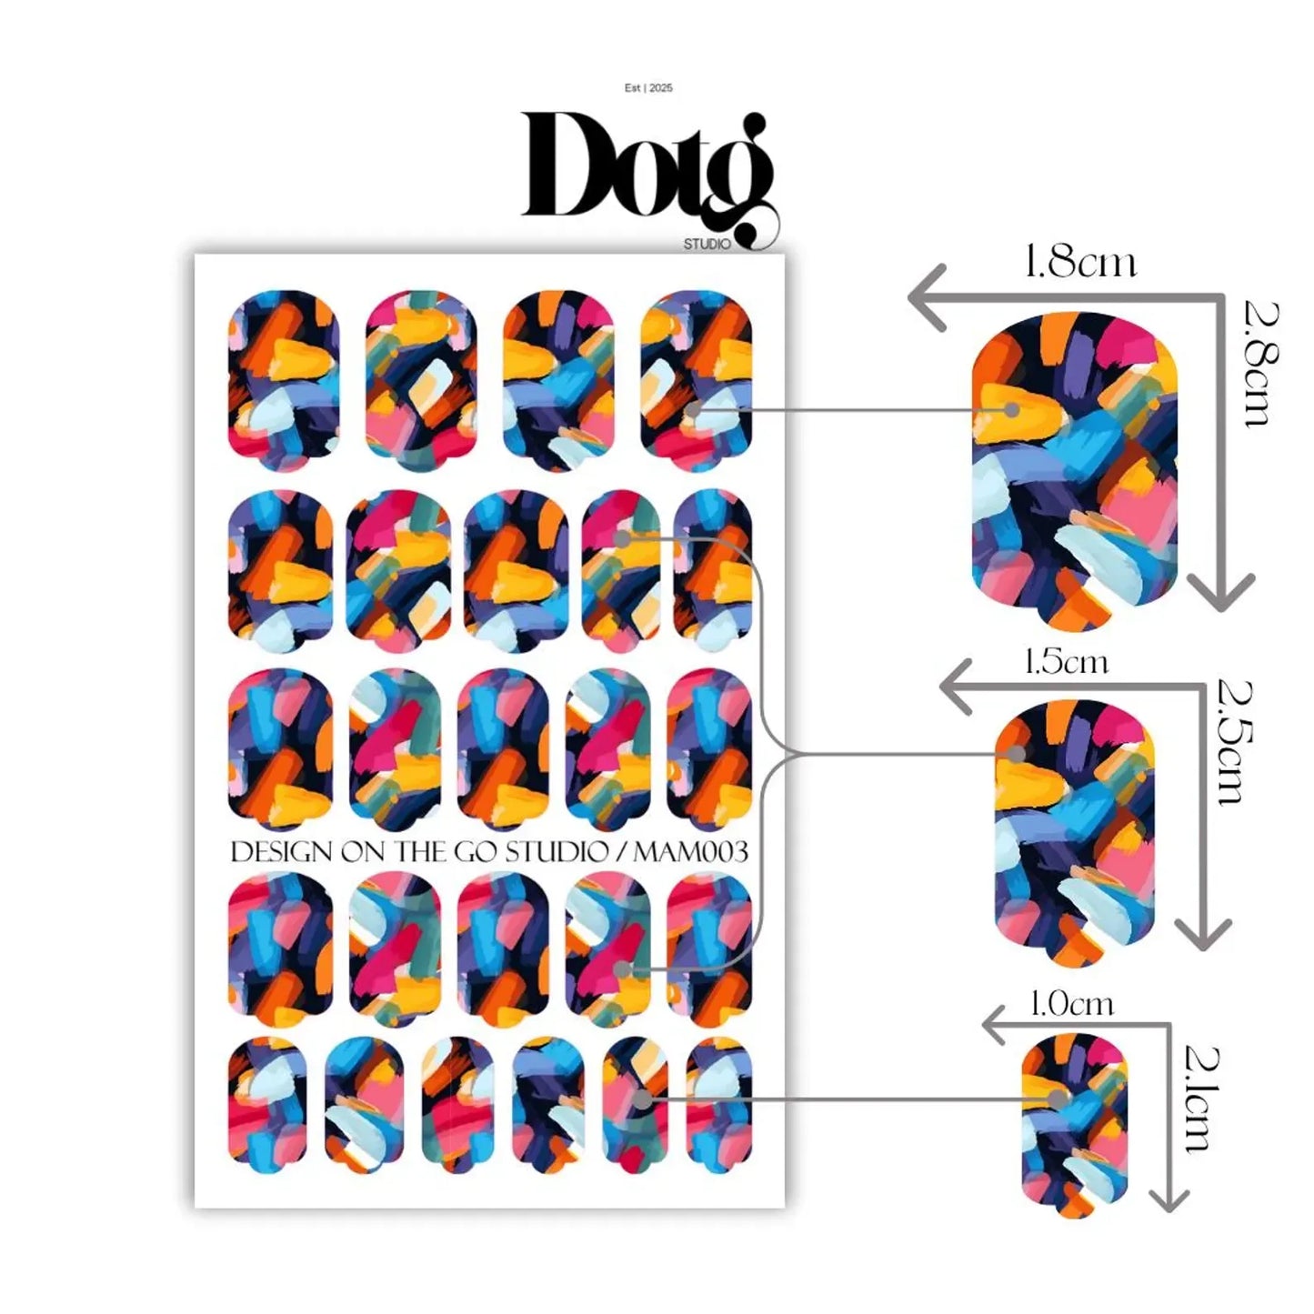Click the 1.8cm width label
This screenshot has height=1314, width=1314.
coord(1081,264)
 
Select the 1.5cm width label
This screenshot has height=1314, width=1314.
coord(1067,662)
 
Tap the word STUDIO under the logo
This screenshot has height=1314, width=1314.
coord(707,244)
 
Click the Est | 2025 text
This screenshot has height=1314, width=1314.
coord(649,88)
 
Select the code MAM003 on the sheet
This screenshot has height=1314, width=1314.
coord(691,852)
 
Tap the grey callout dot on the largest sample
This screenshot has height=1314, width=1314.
coord(1012,409)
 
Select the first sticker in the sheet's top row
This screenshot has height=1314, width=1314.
coord(283,380)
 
